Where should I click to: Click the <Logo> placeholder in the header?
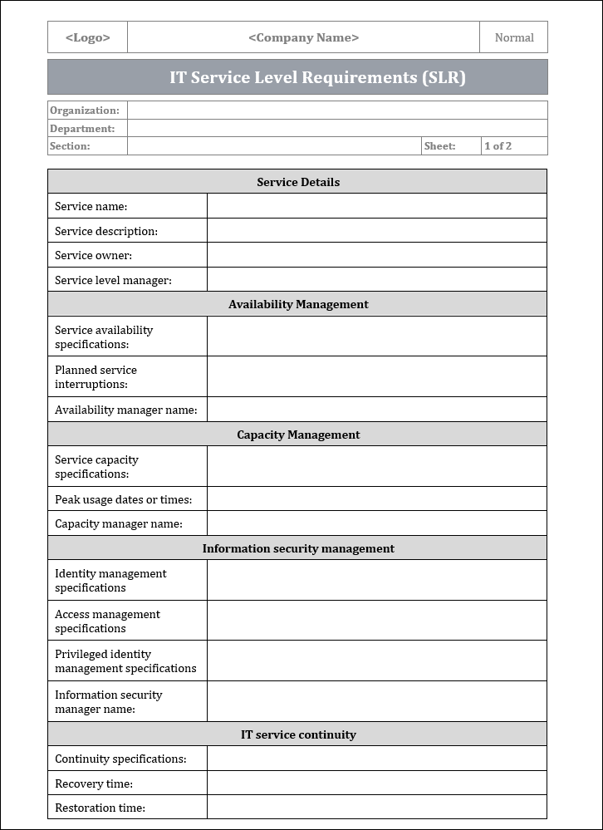87,37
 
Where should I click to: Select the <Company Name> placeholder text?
303,37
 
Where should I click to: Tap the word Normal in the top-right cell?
513,37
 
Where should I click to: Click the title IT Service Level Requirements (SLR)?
317,77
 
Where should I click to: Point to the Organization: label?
85,111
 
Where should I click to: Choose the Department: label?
82,129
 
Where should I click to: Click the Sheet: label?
439,146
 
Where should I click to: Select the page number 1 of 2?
498,146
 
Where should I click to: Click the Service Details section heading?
297,182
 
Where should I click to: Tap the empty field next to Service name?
376,206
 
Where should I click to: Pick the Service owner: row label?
93,255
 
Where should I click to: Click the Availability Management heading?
297,304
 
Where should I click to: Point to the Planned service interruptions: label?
96,377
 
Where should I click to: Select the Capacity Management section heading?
297,435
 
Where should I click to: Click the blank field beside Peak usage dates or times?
376,499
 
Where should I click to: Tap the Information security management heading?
297,548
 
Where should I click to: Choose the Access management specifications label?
107,621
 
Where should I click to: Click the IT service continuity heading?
297,734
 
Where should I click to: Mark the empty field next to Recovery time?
376,783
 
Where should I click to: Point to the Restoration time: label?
100,808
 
